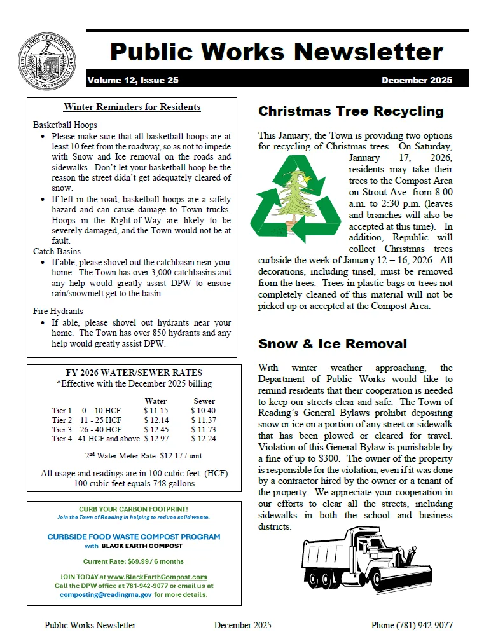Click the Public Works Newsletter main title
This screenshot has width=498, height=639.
(276, 51)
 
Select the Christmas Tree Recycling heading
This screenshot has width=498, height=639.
(350, 111)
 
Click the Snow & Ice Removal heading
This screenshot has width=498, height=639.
(332, 344)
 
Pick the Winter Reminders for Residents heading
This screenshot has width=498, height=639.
(132, 107)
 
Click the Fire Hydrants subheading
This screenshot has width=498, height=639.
(58, 311)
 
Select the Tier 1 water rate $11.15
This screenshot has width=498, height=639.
(155, 411)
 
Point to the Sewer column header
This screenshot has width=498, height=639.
(204, 401)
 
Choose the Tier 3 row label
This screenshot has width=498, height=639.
(62, 429)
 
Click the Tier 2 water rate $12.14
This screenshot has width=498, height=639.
(155, 420)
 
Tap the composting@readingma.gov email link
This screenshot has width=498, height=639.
(106, 594)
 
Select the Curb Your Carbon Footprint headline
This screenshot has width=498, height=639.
(132, 509)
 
